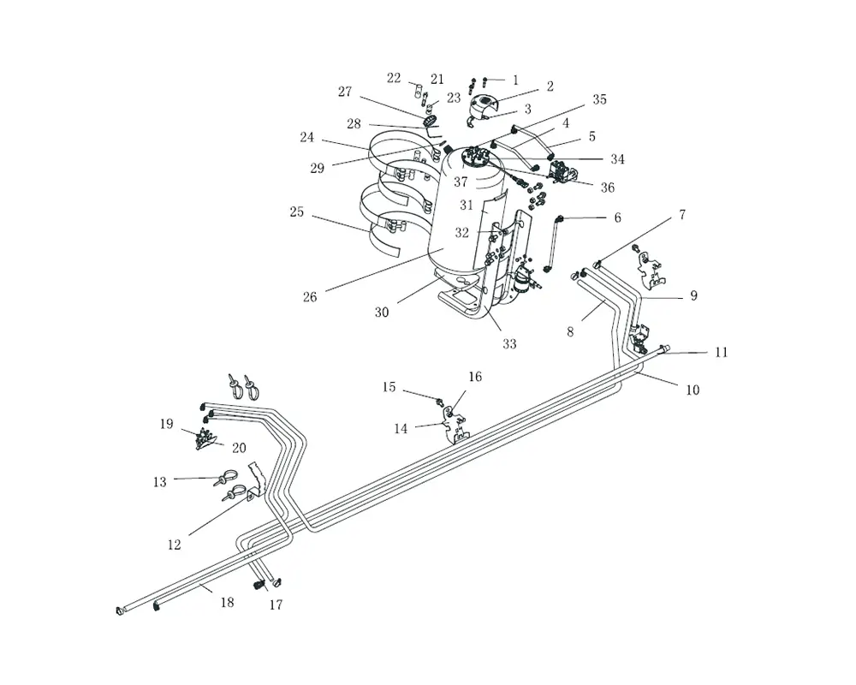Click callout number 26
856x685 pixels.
(x=310, y=297)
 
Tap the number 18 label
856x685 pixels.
(x=227, y=602)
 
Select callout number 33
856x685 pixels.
(x=509, y=343)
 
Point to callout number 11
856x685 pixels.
(x=721, y=352)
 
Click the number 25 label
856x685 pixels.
(x=296, y=211)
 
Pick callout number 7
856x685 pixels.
(x=682, y=215)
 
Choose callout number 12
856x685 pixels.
(x=174, y=545)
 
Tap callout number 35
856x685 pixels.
(x=599, y=99)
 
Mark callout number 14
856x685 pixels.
(x=401, y=429)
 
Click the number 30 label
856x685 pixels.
(x=382, y=313)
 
